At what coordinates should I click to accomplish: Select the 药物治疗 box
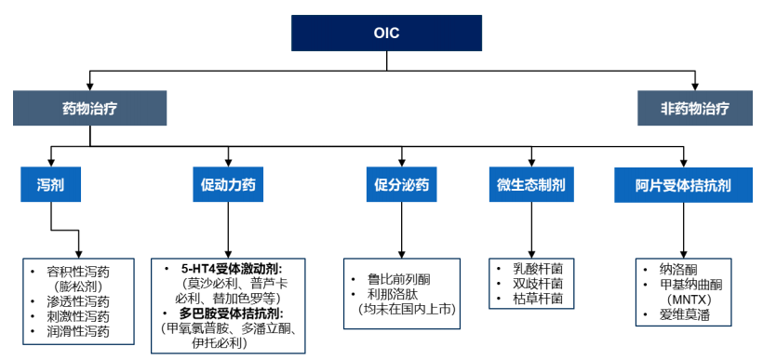89,108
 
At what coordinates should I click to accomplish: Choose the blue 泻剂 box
50,185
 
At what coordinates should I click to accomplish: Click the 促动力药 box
227,185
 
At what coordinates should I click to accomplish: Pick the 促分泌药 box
401,185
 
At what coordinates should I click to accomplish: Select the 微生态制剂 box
530,185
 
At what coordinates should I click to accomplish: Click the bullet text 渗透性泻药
78,301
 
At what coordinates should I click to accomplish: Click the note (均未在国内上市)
402,309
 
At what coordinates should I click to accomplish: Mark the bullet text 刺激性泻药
78,316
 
